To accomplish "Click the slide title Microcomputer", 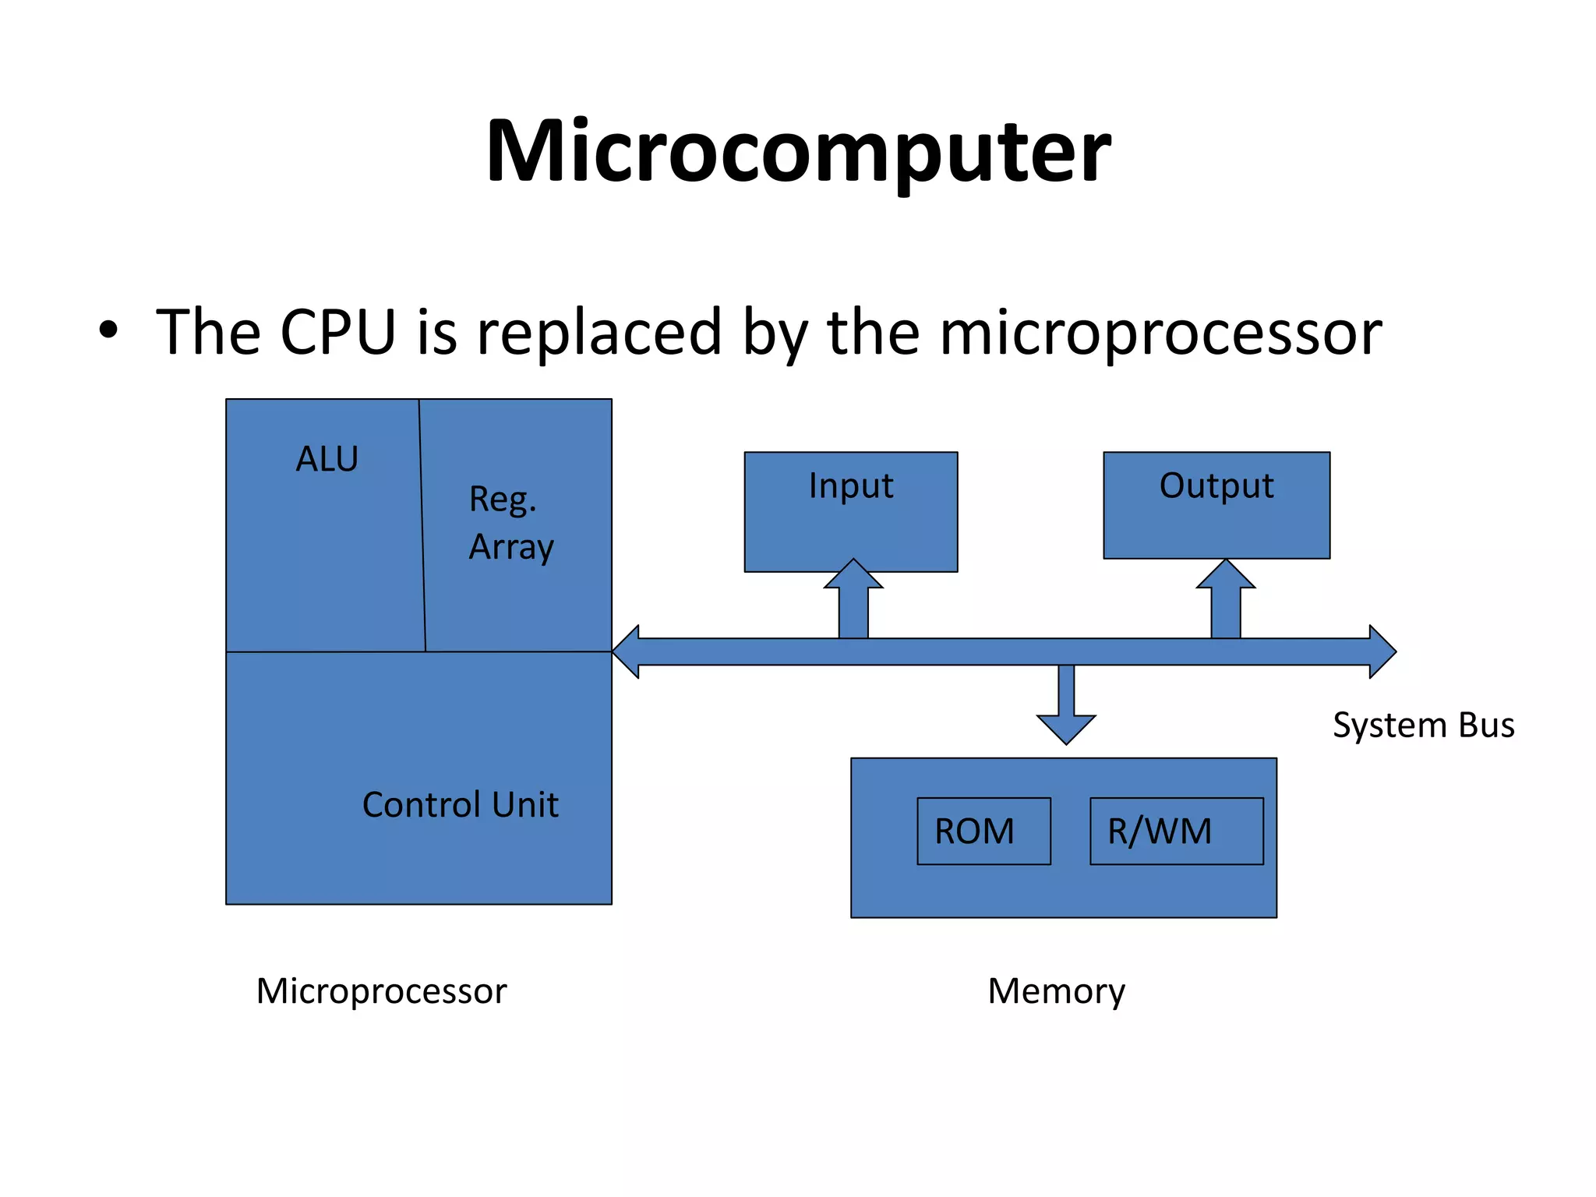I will click(x=798, y=152).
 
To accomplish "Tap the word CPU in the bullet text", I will click(x=337, y=333).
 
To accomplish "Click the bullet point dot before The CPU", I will click(x=108, y=330).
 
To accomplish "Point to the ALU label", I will click(x=327, y=459).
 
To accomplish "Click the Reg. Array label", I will click(x=510, y=523).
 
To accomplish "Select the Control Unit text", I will click(x=460, y=805).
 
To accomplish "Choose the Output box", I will click(x=1216, y=505).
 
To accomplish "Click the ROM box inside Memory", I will click(x=983, y=832).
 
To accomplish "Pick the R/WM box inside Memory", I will click(x=1175, y=832).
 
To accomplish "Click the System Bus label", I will click(x=1423, y=726).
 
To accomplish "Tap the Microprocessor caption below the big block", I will click(x=381, y=991).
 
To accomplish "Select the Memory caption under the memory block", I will click(x=1056, y=991).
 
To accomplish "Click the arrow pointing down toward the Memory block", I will click(x=1066, y=705).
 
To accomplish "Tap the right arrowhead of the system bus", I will click(x=1381, y=651).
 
